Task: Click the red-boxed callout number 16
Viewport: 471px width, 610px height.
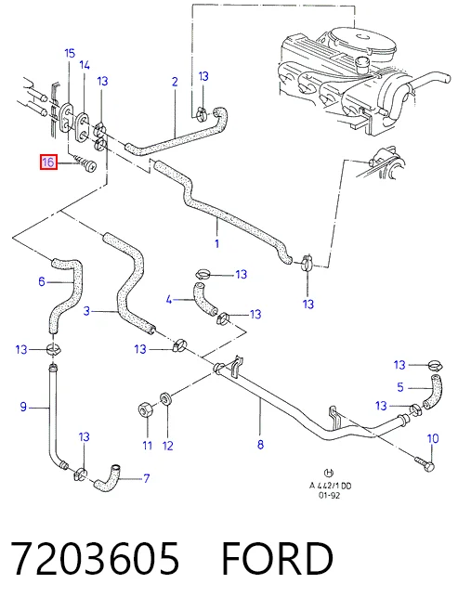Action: coord(48,162)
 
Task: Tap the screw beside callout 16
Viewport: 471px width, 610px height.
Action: coord(85,164)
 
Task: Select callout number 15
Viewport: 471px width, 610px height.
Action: coord(70,53)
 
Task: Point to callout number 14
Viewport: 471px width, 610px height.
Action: coord(85,65)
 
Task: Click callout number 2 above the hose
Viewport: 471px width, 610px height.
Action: coord(175,82)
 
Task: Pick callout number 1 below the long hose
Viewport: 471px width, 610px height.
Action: coord(216,243)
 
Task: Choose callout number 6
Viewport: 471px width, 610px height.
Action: coord(42,281)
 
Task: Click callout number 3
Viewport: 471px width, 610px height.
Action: coord(86,311)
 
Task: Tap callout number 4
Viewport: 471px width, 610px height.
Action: coord(168,300)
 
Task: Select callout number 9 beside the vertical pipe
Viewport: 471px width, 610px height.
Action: coord(23,407)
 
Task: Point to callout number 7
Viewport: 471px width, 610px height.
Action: coord(147,478)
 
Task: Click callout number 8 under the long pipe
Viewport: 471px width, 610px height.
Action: coord(260,444)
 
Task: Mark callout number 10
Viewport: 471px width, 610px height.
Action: coord(433,438)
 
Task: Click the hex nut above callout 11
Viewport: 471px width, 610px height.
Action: coord(145,411)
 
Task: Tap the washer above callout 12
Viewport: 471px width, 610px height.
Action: coord(166,398)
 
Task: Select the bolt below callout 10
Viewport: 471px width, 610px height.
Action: coord(425,463)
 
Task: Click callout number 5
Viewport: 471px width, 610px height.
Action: coord(400,387)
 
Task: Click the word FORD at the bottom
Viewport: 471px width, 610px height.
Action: coord(277,559)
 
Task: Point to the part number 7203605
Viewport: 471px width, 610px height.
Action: coord(95,559)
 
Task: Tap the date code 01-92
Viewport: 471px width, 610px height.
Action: coord(329,495)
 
